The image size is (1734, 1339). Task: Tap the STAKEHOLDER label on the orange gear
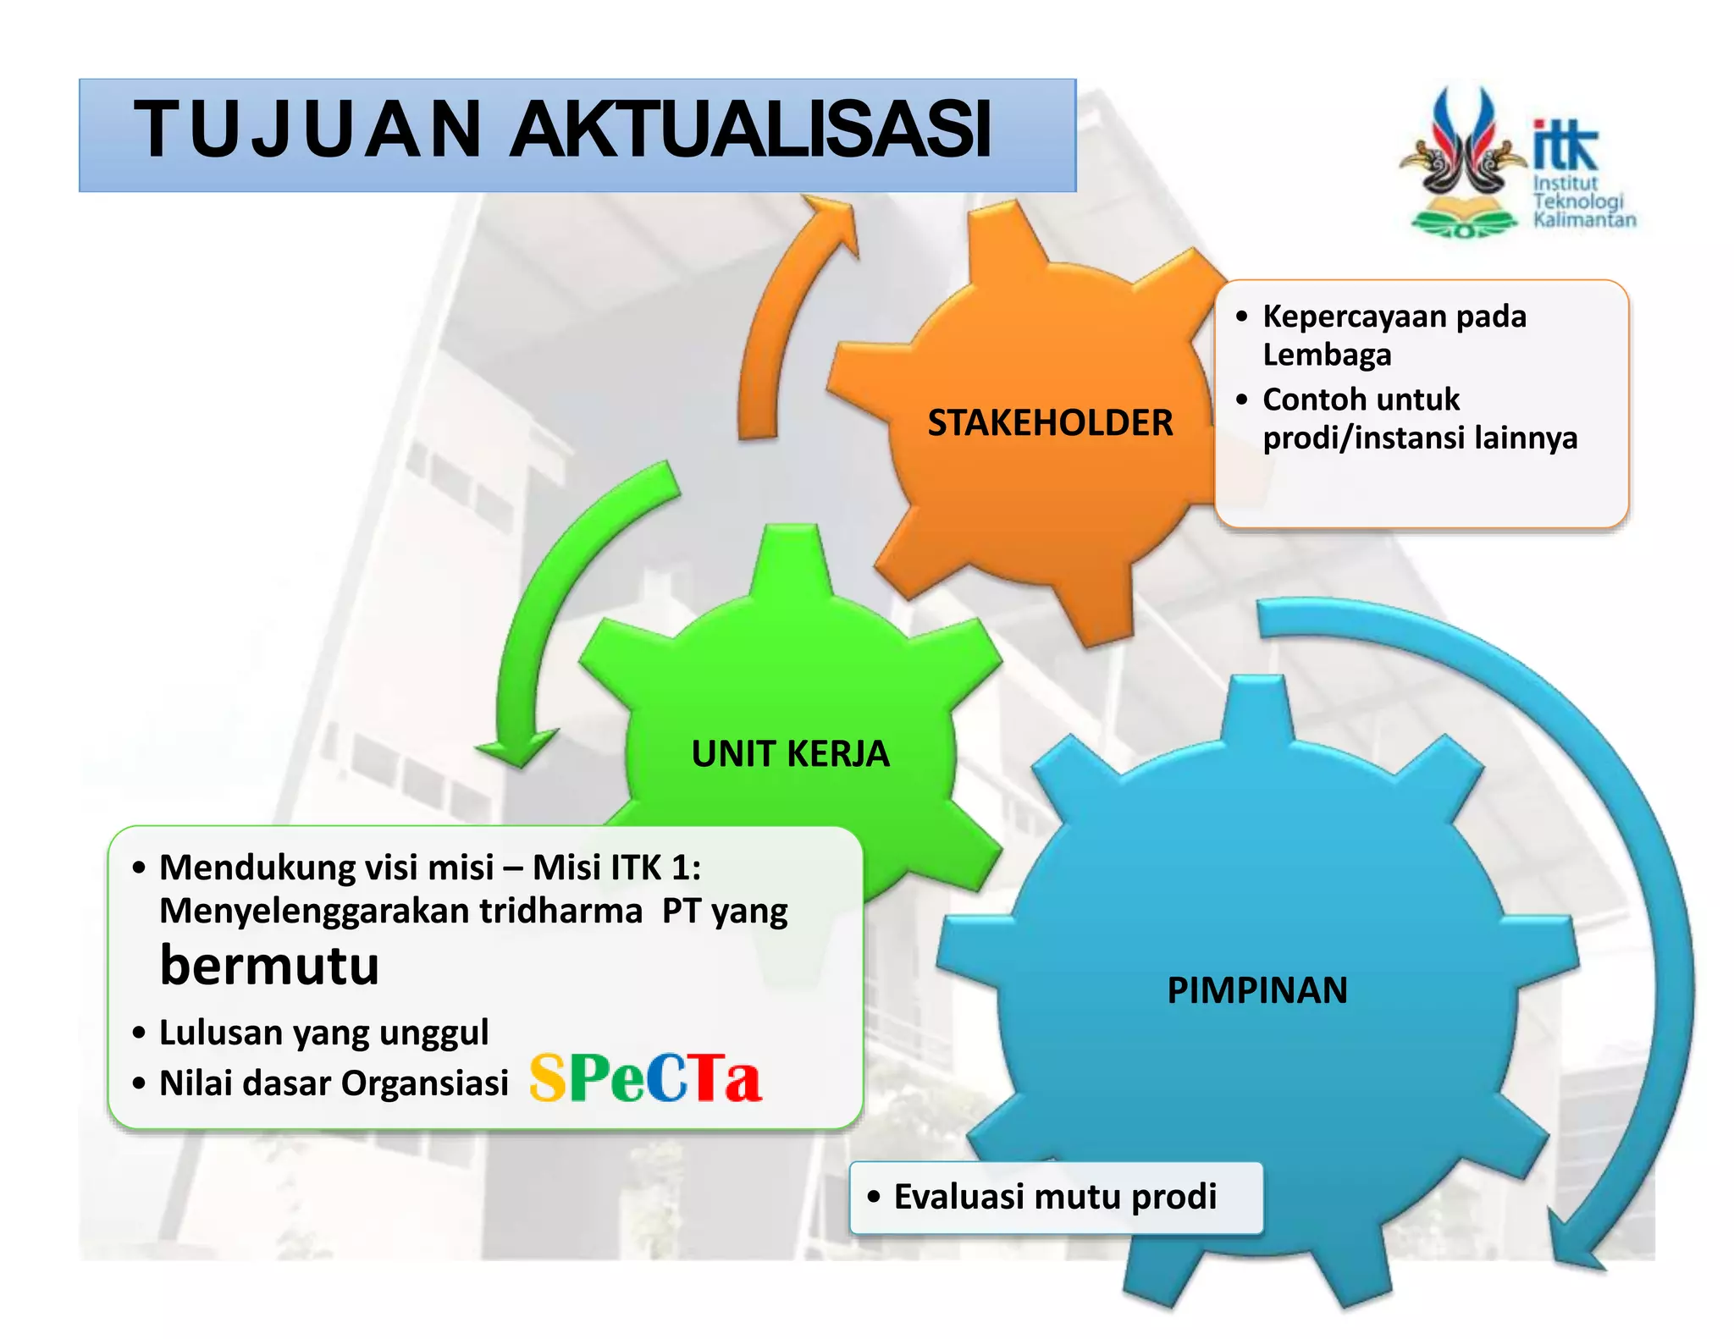(1050, 422)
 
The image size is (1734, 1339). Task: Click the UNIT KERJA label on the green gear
(790, 753)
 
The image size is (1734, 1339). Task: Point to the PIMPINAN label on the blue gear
(1257, 989)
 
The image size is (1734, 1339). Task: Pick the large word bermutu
(269, 965)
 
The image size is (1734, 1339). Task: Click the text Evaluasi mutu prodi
(1055, 1196)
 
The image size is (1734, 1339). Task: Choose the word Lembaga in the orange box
(1327, 354)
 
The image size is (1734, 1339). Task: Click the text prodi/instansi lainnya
(1420, 438)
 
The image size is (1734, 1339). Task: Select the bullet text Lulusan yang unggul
(323, 1032)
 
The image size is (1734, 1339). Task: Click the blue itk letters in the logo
(1565, 146)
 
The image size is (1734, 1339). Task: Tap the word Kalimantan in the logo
(1584, 220)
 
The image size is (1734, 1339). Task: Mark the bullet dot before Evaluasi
(874, 1196)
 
